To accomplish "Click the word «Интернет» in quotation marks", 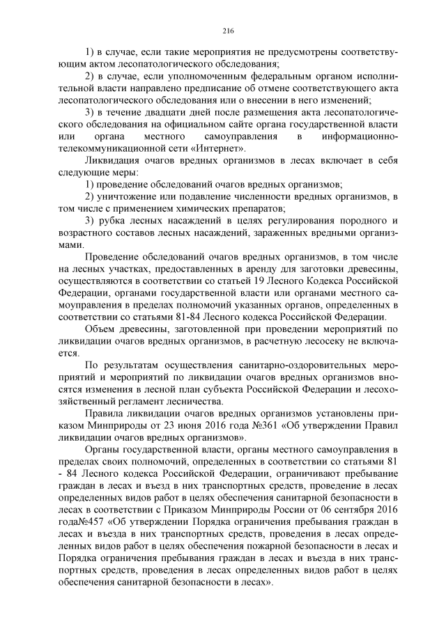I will (x=220, y=148).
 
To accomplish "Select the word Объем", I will (x=102, y=329).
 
